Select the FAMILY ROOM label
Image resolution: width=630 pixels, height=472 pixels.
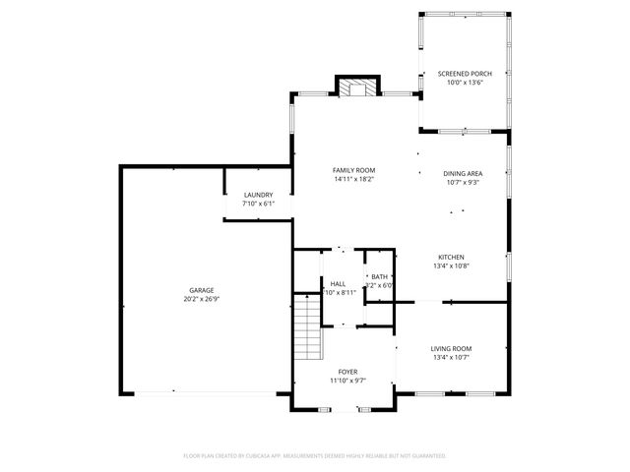352,170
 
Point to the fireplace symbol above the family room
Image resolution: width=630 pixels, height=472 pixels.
356,89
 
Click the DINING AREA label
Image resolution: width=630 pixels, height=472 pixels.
462,173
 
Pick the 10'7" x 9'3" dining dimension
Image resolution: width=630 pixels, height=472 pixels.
462,182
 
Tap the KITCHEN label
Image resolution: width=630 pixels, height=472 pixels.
451,257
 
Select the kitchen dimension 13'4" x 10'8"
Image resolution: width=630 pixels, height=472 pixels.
451,265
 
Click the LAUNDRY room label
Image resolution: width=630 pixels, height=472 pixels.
258,195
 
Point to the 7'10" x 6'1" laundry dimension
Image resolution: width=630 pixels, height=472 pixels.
258,204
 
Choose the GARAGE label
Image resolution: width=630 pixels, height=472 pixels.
202,290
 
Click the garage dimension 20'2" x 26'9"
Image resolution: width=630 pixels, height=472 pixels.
202,299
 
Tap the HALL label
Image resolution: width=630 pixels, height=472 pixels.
338,283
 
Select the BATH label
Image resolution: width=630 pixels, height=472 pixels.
379,277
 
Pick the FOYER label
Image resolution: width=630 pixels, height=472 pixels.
347,372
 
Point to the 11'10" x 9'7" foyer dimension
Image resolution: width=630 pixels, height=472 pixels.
347,381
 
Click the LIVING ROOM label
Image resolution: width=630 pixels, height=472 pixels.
451,348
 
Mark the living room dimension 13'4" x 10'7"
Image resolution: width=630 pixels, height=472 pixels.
451,357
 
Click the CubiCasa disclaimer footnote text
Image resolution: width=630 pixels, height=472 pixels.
315,456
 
